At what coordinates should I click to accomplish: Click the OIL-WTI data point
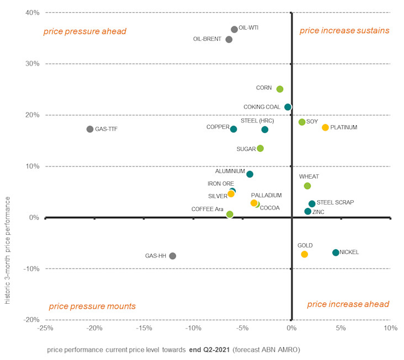click(234, 29)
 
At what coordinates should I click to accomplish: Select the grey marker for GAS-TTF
click(90, 129)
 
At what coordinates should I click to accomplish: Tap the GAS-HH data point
click(173, 256)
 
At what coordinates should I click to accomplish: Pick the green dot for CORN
click(280, 89)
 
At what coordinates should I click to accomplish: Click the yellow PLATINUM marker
click(325, 127)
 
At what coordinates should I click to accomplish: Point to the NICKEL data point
click(336, 252)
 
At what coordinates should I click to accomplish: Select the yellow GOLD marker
click(304, 254)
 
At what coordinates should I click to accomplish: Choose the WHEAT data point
click(307, 186)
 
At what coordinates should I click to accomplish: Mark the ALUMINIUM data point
click(249, 174)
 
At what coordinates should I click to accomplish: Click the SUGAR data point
click(261, 148)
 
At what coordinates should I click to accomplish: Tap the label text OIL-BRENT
click(209, 39)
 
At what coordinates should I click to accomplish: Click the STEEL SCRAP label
click(335, 203)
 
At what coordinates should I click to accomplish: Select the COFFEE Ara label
click(207, 209)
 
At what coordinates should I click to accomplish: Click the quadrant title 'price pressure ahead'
click(85, 31)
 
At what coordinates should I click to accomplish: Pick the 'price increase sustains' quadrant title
click(344, 30)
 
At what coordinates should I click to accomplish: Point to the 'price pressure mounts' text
click(92, 306)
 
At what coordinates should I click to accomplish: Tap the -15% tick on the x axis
click(143, 329)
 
